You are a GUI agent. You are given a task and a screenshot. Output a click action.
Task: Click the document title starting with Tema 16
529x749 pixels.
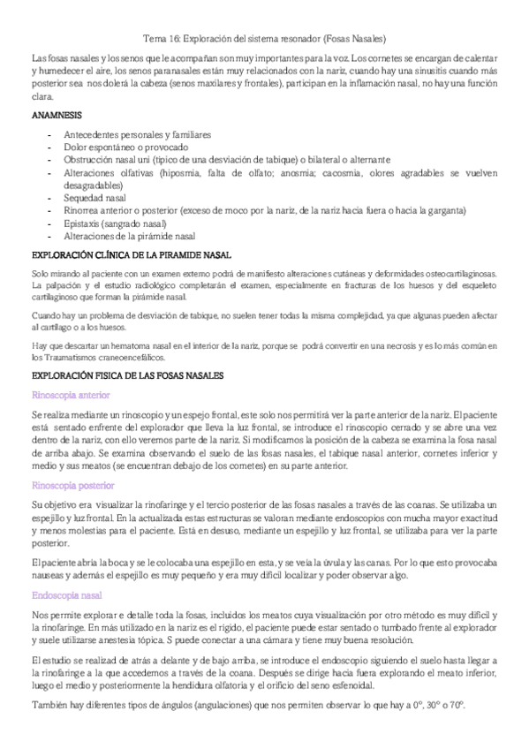click(x=264, y=39)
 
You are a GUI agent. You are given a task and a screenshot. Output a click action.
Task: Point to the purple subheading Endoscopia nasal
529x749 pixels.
click(x=66, y=595)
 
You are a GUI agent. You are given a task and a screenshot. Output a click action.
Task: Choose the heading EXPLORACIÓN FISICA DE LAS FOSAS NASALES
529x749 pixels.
click(x=127, y=376)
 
